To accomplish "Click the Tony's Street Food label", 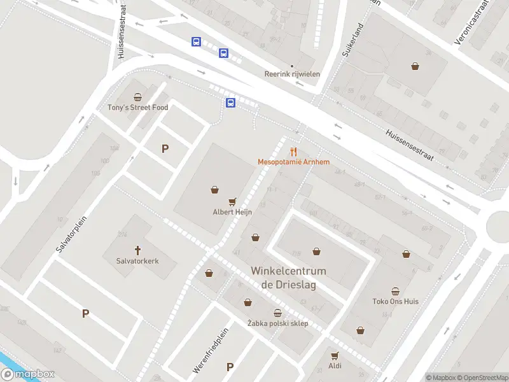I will click(x=137, y=108).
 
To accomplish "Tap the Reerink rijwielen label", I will click(x=292, y=74).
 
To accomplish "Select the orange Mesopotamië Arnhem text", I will click(x=293, y=162).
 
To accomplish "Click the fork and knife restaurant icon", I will click(x=293, y=151).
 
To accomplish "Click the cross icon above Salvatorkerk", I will click(x=137, y=250).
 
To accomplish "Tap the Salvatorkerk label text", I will click(x=137, y=261).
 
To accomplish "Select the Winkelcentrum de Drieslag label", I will click(x=288, y=278).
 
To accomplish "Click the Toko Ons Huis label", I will click(x=395, y=301).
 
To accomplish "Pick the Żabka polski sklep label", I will click(x=277, y=323).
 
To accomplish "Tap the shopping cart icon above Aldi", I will click(x=335, y=355).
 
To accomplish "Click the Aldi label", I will click(x=335, y=365).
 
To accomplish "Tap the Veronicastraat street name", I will click(x=471, y=25).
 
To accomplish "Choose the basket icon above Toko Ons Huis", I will click(x=395, y=290).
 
